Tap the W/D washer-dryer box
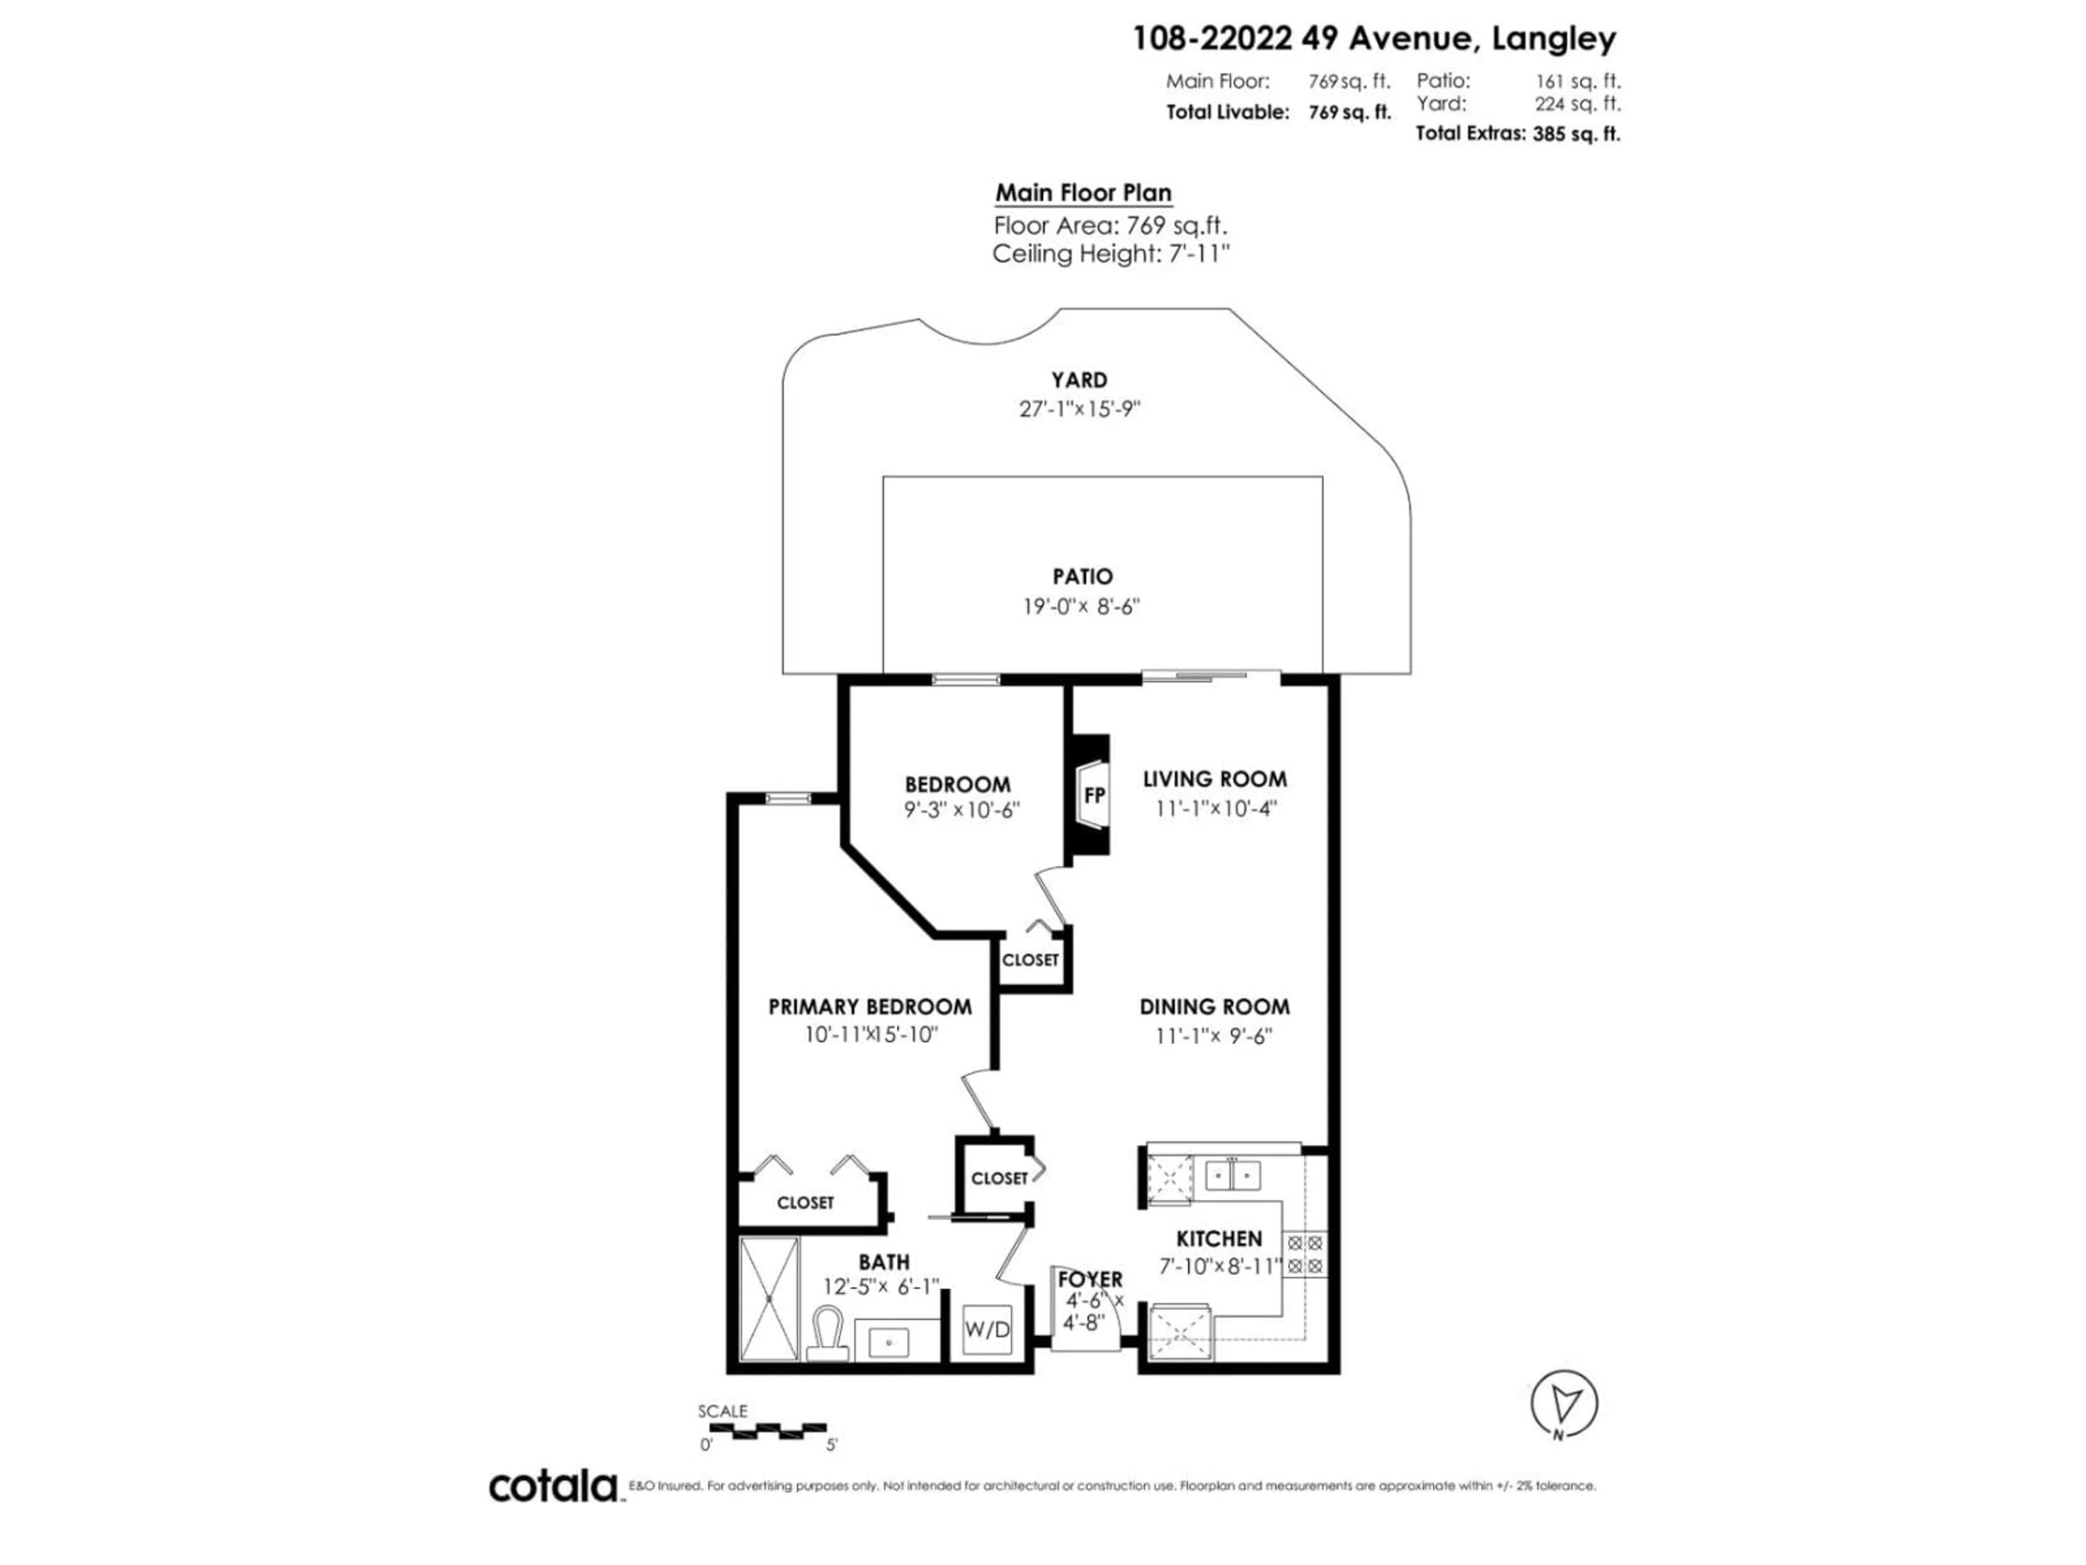pos(987,1331)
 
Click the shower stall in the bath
pos(770,1298)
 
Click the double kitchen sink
pos(1233,1175)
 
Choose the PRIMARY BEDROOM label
pos(870,1006)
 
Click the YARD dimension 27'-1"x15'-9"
pos(1080,409)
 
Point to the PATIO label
pos(1083,575)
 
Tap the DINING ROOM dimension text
pos(1215,1036)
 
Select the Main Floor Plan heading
pos(1084,192)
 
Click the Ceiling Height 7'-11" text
pos(1111,254)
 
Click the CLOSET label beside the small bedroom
pos(1030,959)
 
